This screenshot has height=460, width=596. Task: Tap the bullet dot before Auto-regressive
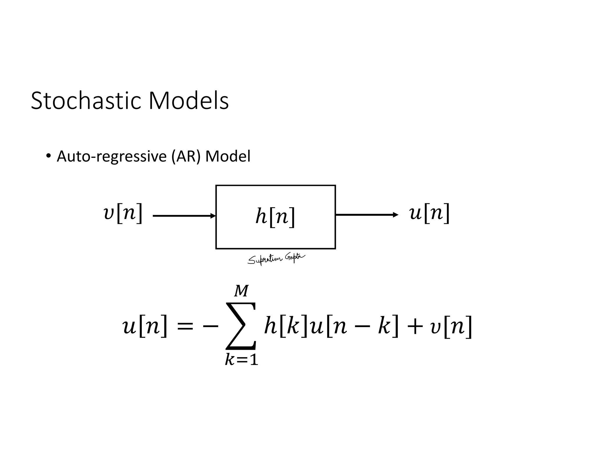click(x=48, y=155)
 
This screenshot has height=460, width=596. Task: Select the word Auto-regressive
click(x=112, y=156)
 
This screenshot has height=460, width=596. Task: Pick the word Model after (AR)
click(x=228, y=156)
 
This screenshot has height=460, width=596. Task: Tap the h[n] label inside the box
click(x=275, y=217)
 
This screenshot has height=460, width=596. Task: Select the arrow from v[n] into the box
click(x=183, y=216)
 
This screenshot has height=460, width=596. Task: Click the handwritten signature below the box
click(x=276, y=259)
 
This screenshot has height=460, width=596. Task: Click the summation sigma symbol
click(x=241, y=326)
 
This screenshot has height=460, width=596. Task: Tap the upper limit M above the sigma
click(x=241, y=291)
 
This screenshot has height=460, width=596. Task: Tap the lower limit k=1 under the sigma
click(x=241, y=360)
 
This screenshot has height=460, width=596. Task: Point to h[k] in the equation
click(x=285, y=326)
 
